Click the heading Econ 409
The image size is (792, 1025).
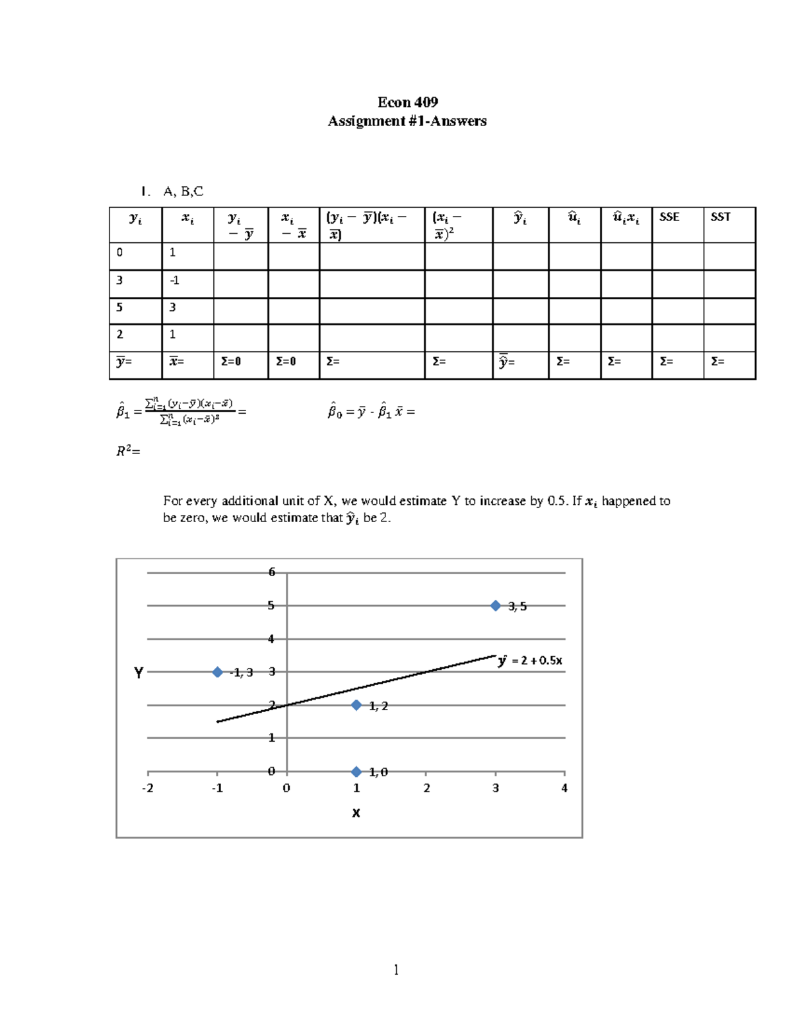tap(407, 102)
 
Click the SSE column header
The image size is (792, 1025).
tap(669, 217)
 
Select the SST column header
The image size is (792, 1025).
tap(720, 217)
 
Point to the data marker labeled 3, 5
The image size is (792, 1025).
tap(495, 606)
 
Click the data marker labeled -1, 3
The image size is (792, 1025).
tap(217, 672)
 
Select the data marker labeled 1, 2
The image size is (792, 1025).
tap(356, 705)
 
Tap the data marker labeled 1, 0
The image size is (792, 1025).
tap(356, 772)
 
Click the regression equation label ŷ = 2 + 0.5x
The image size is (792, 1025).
tap(530, 661)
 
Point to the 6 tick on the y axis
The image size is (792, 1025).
tap(271, 572)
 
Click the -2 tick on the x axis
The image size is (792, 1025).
tap(148, 788)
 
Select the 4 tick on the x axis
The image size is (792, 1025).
tap(564, 788)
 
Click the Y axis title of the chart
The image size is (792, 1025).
tap(139, 673)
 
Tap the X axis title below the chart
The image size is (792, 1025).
tap(356, 813)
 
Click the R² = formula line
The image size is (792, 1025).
tap(128, 451)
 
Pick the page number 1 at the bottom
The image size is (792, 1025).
tap(395, 970)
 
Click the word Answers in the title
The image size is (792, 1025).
tap(458, 121)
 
